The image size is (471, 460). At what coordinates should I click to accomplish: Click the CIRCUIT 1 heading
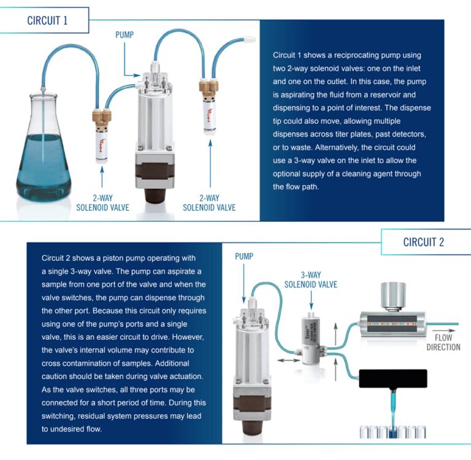click(x=47, y=20)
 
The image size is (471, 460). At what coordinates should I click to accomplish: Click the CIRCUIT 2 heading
click(x=423, y=242)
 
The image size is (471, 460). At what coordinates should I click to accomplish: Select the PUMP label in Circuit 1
click(x=125, y=35)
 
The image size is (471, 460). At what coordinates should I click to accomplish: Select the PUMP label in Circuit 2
click(x=243, y=256)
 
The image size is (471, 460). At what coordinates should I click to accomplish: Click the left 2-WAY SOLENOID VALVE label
click(x=103, y=202)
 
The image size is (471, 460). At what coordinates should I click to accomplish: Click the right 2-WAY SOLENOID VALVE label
click(x=209, y=202)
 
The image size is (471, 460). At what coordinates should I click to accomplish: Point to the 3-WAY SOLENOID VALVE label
click(x=311, y=280)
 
